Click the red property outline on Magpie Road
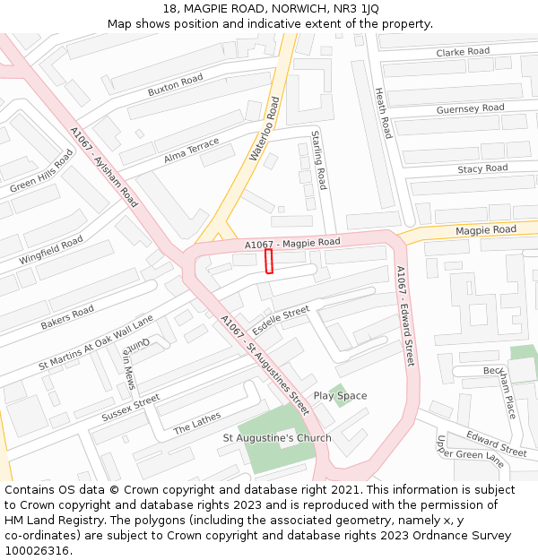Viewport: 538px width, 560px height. (269, 262)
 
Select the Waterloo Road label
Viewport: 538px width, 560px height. (265, 130)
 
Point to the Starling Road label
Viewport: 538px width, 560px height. (318, 160)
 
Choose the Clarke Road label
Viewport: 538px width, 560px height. (463, 52)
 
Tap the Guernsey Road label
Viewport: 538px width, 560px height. (470, 109)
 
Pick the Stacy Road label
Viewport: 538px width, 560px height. (482, 168)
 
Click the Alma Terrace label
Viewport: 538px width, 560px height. (191, 151)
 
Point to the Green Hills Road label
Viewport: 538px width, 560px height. (41, 172)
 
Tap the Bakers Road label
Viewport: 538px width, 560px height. (67, 318)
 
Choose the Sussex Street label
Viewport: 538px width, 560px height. (130, 408)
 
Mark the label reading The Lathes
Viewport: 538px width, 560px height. (196, 423)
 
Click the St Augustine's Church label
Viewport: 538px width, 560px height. (277, 438)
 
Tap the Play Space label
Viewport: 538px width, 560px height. (340, 396)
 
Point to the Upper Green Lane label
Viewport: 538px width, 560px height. (457, 452)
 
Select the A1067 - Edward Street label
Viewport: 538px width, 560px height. (405, 316)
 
